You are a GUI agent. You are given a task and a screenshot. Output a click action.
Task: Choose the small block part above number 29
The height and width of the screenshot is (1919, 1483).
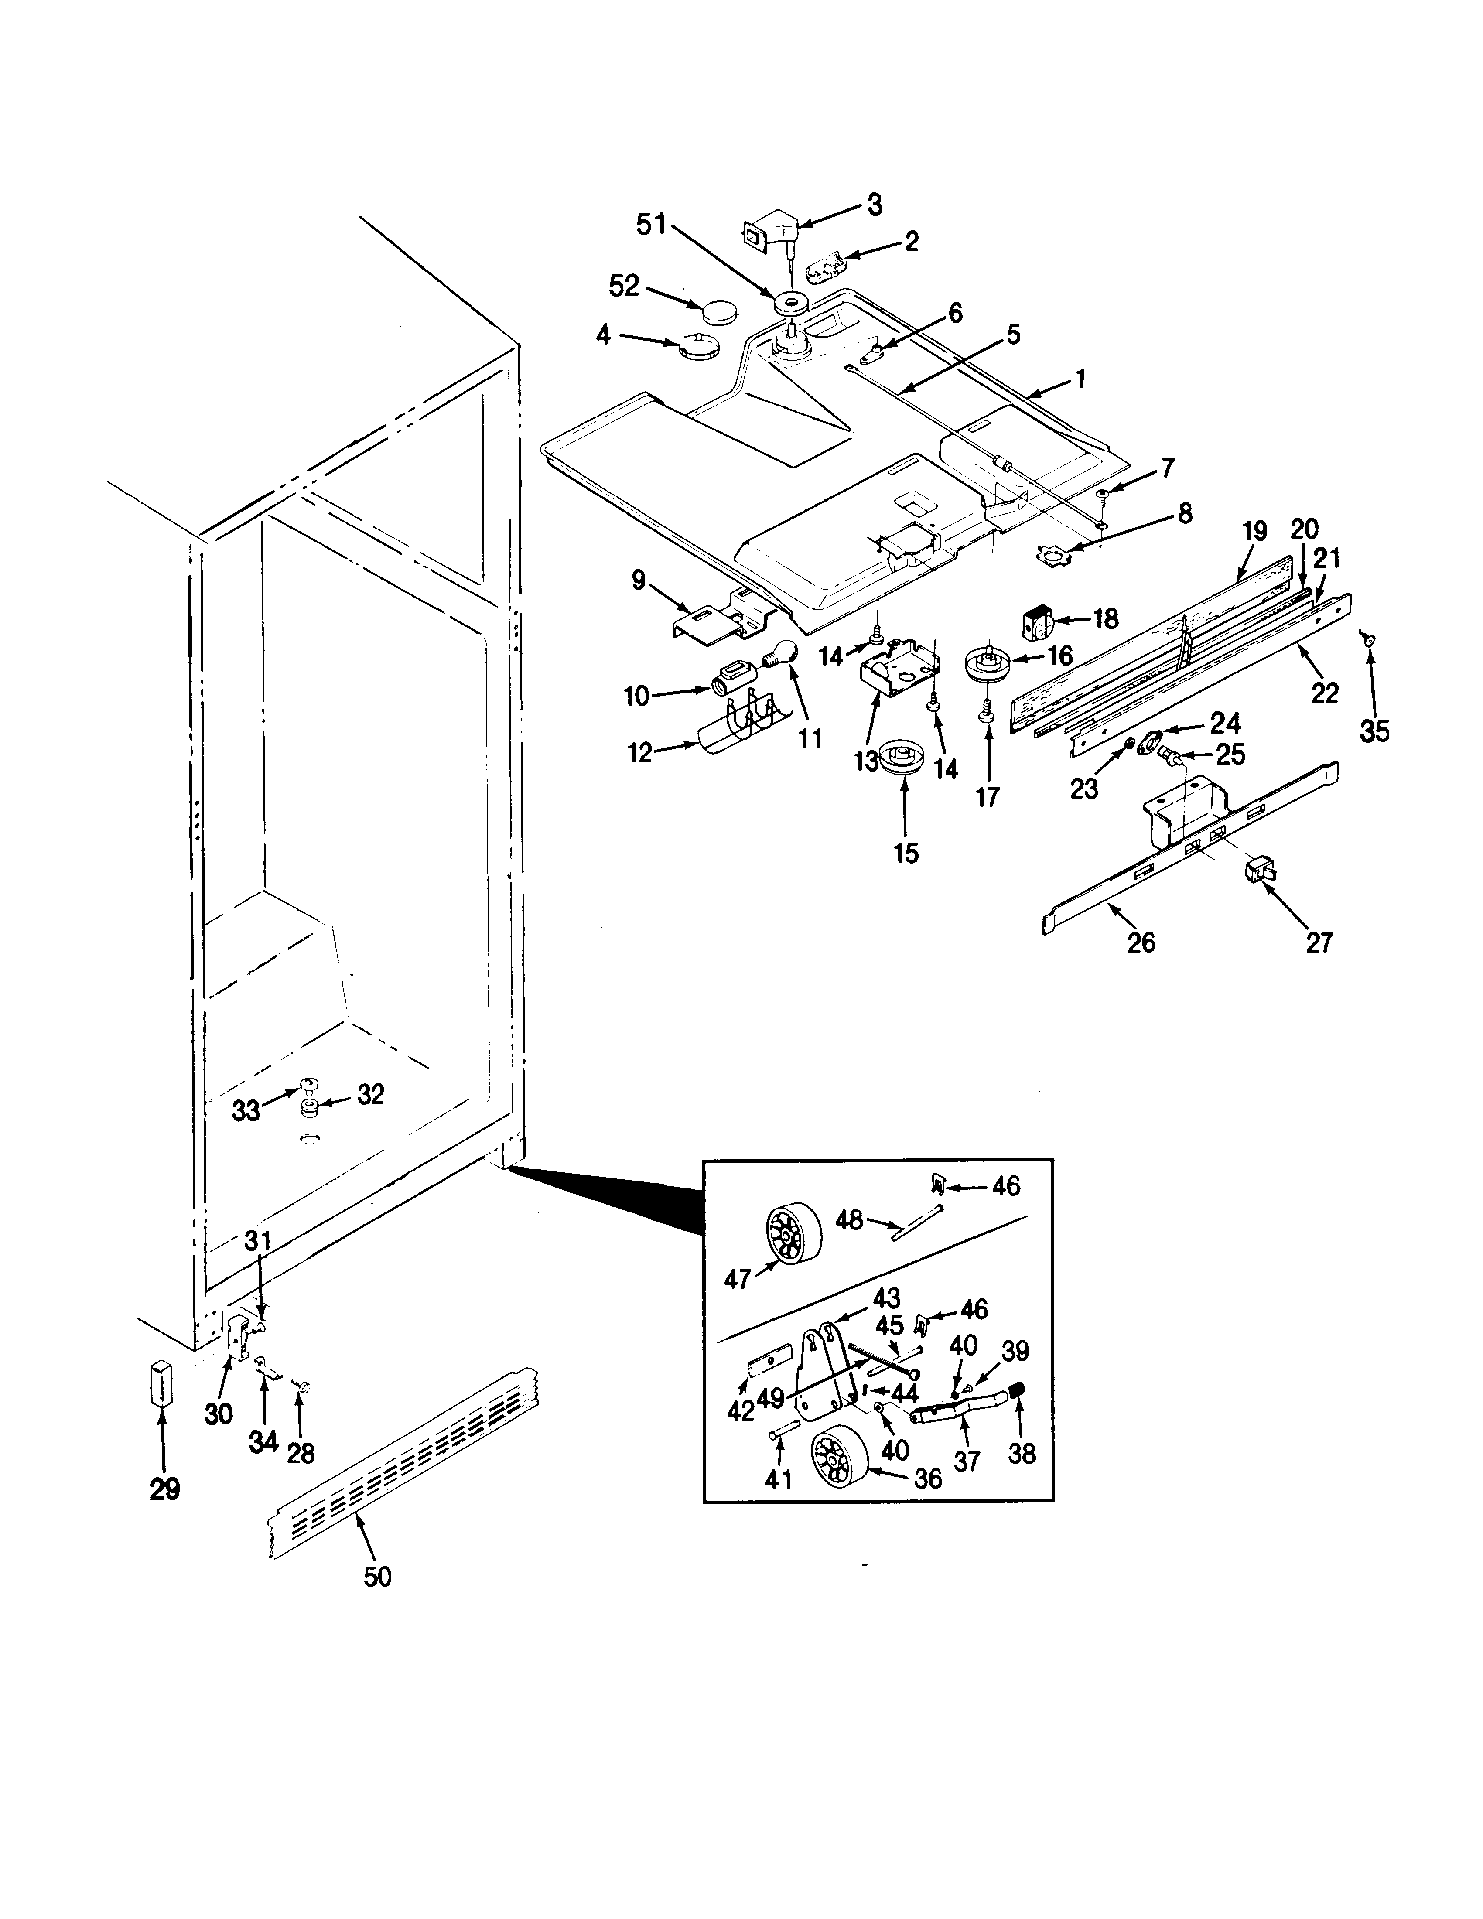point(161,1385)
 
